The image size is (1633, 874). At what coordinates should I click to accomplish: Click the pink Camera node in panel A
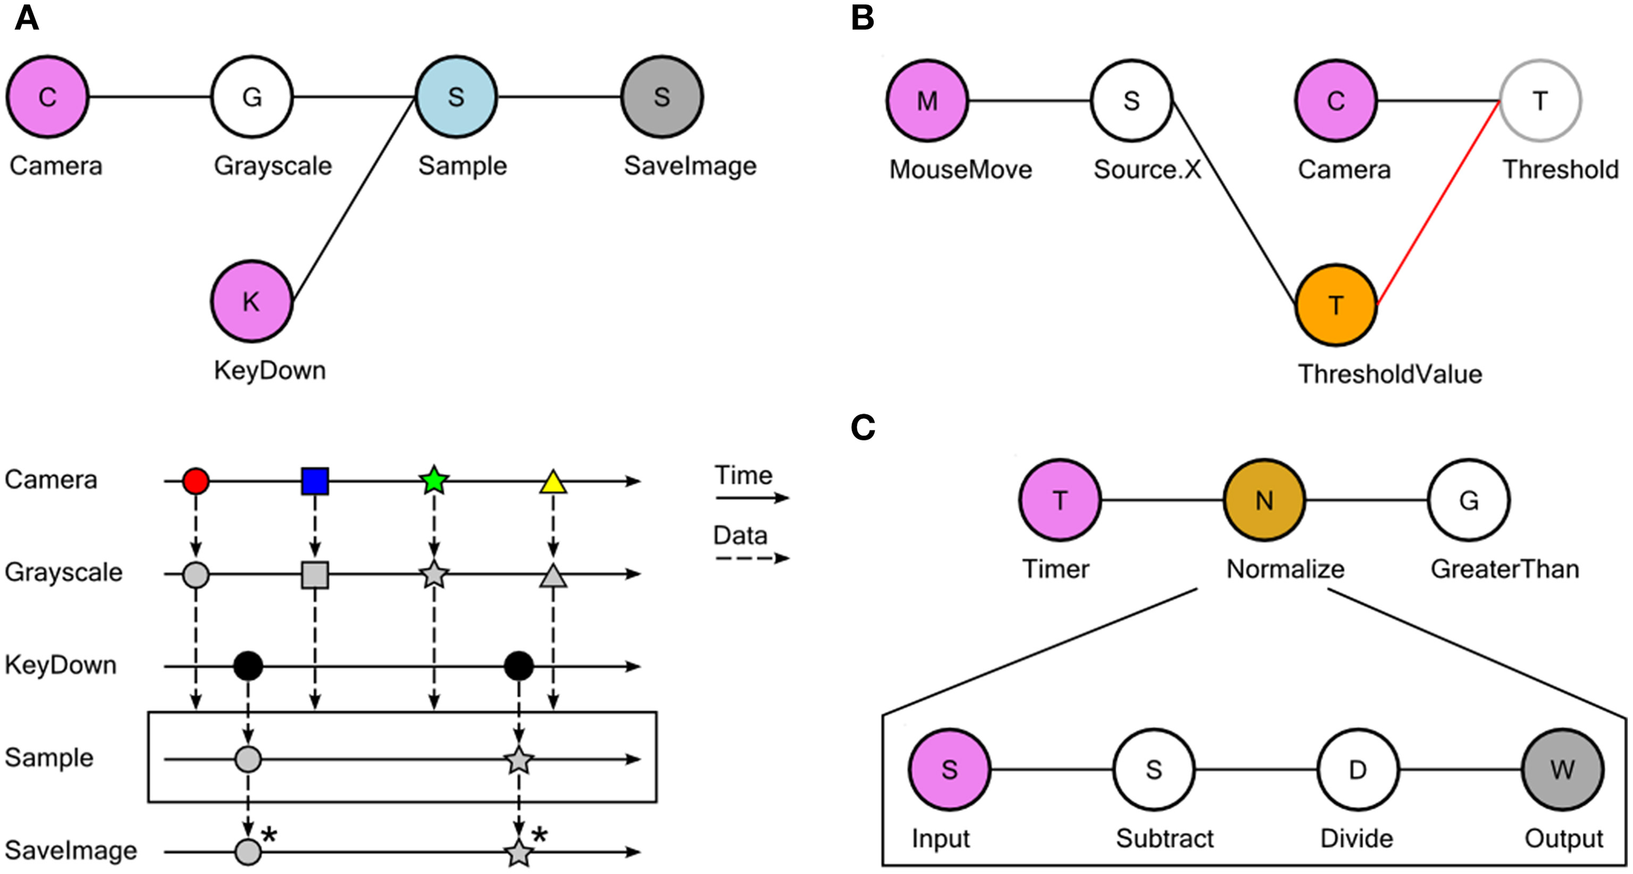pyautogui.click(x=47, y=97)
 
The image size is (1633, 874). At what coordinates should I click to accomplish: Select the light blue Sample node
pyautogui.click(x=456, y=97)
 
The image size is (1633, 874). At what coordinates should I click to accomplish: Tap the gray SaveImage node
pyautogui.click(x=661, y=97)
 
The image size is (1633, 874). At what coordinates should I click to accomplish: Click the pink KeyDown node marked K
pyautogui.click(x=251, y=301)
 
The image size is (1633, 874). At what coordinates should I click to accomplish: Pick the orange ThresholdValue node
pyautogui.click(x=1336, y=305)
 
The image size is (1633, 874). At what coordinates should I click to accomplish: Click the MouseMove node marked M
pyautogui.click(x=927, y=101)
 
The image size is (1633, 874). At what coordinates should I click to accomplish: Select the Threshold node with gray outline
pyautogui.click(x=1540, y=101)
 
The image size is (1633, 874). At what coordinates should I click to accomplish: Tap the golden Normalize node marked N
pyautogui.click(x=1264, y=500)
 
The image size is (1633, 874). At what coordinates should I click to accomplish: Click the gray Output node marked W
pyautogui.click(x=1562, y=769)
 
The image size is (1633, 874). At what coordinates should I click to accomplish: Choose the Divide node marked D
pyautogui.click(x=1357, y=769)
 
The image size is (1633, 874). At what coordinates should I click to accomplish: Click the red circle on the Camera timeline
pyautogui.click(x=196, y=481)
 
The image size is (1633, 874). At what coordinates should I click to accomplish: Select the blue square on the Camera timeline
pyautogui.click(x=315, y=481)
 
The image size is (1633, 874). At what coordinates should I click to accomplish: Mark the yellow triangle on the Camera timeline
pyautogui.click(x=553, y=483)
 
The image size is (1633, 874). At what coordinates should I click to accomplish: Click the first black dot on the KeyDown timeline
pyautogui.click(x=248, y=666)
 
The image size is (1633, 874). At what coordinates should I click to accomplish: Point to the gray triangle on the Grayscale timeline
pyautogui.click(x=553, y=576)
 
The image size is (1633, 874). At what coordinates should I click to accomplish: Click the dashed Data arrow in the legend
pyautogui.click(x=751, y=558)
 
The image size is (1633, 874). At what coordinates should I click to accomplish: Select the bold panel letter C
pyautogui.click(x=862, y=428)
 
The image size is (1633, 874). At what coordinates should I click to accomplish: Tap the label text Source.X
pyautogui.click(x=1147, y=170)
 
